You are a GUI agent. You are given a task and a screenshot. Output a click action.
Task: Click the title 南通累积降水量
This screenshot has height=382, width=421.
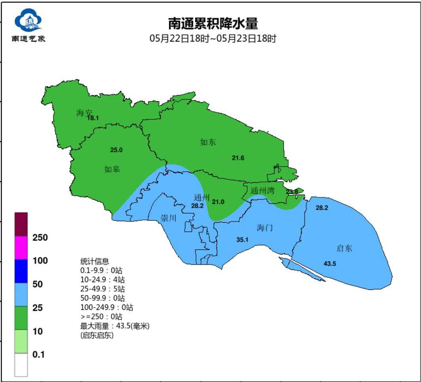tap(213, 23)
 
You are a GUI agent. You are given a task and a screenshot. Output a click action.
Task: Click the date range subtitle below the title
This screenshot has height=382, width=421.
tap(213, 39)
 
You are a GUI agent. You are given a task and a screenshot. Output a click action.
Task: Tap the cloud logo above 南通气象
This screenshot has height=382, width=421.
tap(28, 21)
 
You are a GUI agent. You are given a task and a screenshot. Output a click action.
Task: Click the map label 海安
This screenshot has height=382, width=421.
tap(84, 113)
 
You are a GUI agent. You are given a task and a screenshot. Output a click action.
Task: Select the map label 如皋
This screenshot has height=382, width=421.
tap(112, 170)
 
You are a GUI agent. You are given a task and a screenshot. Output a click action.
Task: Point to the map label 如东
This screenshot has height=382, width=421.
tap(208, 142)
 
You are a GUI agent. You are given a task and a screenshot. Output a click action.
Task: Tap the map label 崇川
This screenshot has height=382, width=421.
tap(168, 218)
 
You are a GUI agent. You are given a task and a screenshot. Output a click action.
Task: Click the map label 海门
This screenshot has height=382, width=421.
tap(265, 228)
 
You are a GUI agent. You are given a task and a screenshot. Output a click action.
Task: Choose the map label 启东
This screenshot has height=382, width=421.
tap(344, 248)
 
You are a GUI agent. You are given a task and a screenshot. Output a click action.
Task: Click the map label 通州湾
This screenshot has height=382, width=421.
tap(262, 191)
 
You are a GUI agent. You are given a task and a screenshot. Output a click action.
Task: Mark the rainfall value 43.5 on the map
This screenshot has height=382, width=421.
tap(330, 264)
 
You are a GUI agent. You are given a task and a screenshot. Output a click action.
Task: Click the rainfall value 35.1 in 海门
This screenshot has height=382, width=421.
tap(242, 240)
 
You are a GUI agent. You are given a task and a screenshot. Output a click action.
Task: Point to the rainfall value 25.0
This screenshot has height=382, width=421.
tap(116, 150)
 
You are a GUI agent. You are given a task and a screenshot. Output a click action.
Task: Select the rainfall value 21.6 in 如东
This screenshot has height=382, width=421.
tap(238, 158)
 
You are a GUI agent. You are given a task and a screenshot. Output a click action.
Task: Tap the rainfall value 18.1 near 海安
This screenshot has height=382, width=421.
tap(93, 118)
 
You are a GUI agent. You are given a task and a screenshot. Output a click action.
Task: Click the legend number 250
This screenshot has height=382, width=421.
tap(40, 238)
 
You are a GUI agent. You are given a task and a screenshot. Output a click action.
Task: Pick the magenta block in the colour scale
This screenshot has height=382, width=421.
tap(21, 248)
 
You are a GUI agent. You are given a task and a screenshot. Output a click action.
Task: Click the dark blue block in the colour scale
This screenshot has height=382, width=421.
tap(21, 271)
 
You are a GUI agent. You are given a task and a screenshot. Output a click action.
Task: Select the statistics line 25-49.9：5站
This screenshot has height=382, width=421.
tap(103, 289)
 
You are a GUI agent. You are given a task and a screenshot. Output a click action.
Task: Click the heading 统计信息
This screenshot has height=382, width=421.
tap(95, 262)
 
